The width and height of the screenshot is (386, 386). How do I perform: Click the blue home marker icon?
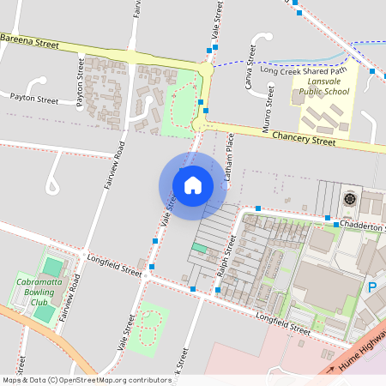click(192, 184)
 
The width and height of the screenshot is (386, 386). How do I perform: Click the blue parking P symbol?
click(372, 288)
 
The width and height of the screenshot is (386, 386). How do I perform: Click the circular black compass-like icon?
click(350, 199)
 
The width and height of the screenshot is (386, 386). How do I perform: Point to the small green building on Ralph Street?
click(199, 248)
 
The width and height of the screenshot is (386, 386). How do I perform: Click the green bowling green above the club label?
click(53, 267)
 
